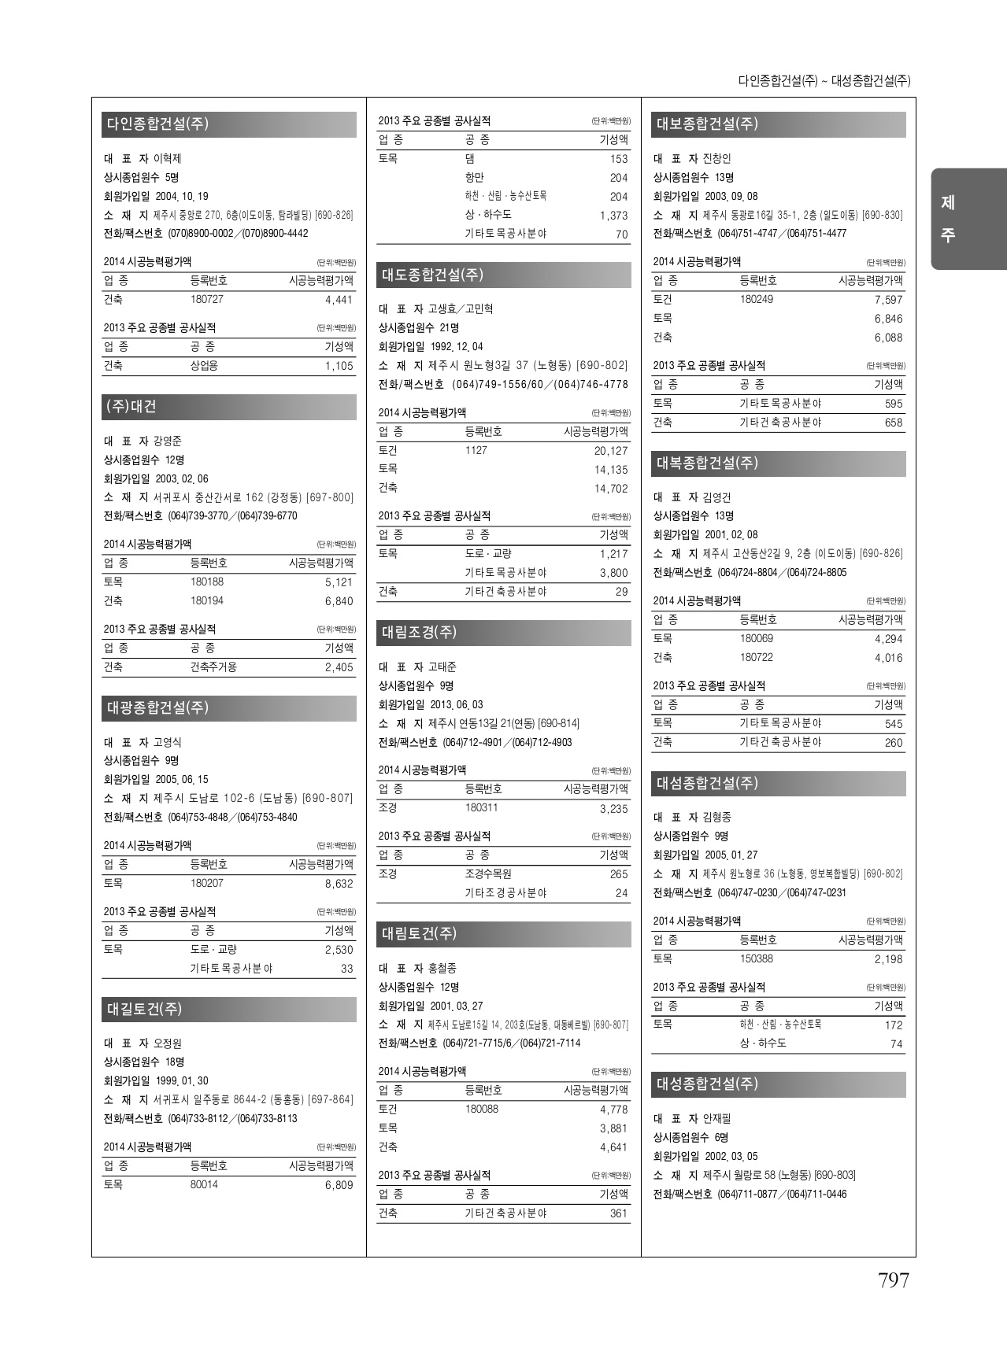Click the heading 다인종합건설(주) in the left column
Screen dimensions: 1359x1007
[157, 124]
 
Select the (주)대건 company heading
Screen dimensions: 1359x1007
[131, 407]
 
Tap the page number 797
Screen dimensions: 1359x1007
[894, 1280]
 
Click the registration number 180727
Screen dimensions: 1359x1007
[207, 300]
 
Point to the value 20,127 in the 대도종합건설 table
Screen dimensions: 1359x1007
[611, 451]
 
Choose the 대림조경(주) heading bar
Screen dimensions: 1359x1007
[420, 633]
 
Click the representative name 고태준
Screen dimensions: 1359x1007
[442, 667]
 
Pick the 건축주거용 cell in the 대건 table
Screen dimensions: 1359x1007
[213, 667]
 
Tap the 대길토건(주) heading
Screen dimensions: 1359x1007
[145, 1010]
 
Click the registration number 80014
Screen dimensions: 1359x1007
[204, 1185]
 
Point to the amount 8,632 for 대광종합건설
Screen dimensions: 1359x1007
[339, 884]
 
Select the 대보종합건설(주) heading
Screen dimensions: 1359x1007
[707, 124]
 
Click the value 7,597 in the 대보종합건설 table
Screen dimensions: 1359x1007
[888, 300]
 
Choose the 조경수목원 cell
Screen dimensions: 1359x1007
[488, 873]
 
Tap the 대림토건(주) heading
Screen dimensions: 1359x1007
[420, 934]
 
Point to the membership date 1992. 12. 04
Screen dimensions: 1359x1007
[457, 347]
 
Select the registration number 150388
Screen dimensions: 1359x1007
[757, 959]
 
